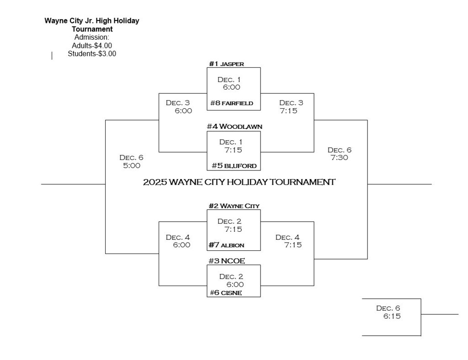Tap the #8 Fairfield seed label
(231, 103)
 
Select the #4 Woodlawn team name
(234, 126)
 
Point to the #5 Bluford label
(234, 165)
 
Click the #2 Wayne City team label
(234, 206)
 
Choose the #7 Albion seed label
(226, 245)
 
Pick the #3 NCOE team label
(227, 261)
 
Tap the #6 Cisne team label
(226, 292)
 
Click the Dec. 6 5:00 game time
(131, 162)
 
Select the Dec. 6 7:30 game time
(340, 154)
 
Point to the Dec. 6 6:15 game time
(388, 312)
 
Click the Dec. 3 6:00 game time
(178, 106)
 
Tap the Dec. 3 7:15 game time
(291, 106)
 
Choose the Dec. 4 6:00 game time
(178, 241)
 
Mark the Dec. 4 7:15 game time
(288, 241)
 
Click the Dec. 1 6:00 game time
(229, 83)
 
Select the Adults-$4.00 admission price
(92, 45)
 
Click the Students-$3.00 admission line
(92, 53)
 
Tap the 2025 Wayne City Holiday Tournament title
(239, 182)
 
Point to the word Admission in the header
(92, 37)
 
